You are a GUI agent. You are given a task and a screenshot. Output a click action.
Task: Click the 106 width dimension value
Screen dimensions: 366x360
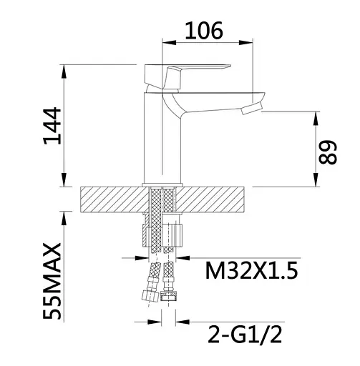[x=204, y=29]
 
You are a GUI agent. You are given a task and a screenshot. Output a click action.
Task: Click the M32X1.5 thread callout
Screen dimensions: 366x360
[x=250, y=271]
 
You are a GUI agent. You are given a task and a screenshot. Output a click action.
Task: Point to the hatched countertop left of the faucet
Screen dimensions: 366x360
[x=111, y=199]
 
